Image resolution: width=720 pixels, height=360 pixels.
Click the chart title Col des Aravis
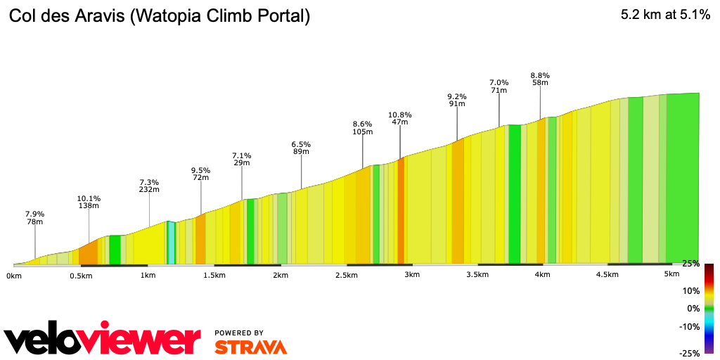159,16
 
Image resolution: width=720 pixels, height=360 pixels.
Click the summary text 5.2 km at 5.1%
665,15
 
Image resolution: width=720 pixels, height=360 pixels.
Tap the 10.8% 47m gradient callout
400,118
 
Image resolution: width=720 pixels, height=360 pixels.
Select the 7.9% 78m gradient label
35,218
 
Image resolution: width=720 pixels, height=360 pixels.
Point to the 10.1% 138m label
89,202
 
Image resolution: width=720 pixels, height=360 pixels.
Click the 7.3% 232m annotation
149,186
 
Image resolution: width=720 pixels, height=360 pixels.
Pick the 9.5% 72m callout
201,174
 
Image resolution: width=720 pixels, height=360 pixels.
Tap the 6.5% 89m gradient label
301,148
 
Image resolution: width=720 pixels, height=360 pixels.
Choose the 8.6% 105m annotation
363,127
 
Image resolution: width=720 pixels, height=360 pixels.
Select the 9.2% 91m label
457,100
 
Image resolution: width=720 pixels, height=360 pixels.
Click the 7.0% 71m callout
499,86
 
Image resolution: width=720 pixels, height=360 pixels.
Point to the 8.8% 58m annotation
540,79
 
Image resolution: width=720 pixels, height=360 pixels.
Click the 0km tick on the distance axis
13,276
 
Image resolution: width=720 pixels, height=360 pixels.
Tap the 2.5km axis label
347,275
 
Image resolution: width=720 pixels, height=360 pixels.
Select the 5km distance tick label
672,274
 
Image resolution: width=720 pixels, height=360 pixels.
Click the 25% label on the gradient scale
690,264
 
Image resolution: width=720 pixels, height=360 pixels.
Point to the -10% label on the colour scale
689,326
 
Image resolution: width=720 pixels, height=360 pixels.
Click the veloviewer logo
103,340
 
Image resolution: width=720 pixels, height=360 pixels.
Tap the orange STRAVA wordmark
250,347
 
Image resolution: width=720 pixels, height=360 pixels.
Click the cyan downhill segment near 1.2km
170,243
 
